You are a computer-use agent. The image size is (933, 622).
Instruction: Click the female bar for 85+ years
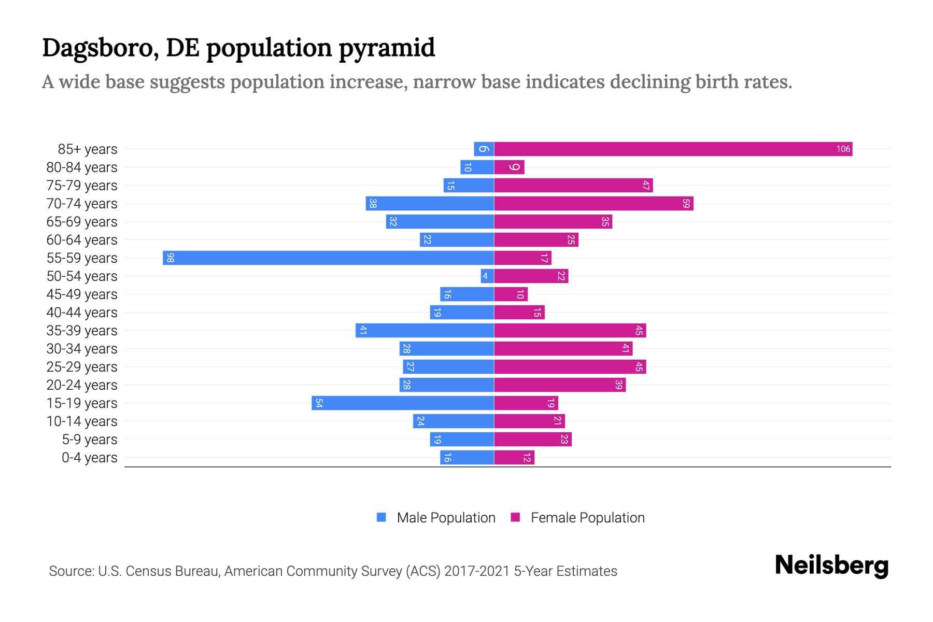point(673,149)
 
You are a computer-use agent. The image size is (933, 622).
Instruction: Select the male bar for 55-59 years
point(328,258)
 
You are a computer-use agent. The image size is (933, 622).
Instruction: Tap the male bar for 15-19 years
point(403,403)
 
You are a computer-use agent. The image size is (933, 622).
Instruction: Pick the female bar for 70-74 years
point(593,204)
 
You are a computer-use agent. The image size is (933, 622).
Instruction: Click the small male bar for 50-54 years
point(487,276)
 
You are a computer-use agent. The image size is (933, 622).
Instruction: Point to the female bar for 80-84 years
point(510,167)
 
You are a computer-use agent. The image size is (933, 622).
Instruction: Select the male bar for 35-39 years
point(425,331)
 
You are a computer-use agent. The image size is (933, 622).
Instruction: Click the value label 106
point(843,149)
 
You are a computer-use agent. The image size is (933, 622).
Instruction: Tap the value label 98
point(170,258)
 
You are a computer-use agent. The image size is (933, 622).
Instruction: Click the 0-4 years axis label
point(89,458)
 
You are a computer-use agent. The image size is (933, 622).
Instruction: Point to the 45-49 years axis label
point(82,294)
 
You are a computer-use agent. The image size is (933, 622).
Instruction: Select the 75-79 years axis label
point(82,186)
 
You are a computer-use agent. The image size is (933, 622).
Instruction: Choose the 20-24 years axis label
point(82,385)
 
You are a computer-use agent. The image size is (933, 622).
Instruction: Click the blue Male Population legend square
point(381,517)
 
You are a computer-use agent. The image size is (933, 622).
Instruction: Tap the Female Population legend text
point(587,518)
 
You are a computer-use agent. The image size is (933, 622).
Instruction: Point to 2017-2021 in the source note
point(477,571)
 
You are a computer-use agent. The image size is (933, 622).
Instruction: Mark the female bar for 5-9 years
point(533,440)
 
